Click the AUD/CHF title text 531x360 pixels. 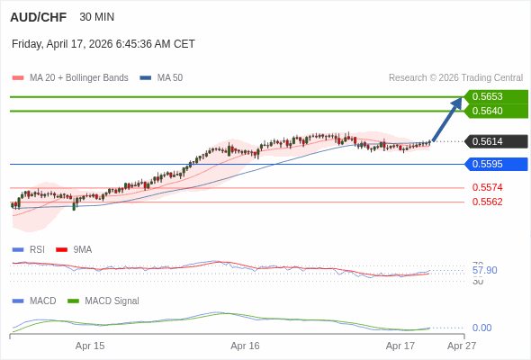pyautogui.click(x=39, y=17)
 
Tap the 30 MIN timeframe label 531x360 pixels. pyautogui.click(x=97, y=17)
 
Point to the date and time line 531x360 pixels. pyautogui.click(x=103, y=44)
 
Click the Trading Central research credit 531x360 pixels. pyautogui.click(x=455, y=78)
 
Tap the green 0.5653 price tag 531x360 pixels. pyautogui.click(x=495, y=96)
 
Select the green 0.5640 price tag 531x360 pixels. pyautogui.click(x=495, y=111)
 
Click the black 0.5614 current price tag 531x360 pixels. pyautogui.click(x=495, y=141)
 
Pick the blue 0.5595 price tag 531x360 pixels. pyautogui.click(x=495, y=164)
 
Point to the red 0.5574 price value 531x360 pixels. pyautogui.click(x=487, y=187)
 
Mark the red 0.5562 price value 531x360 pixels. pyautogui.click(x=487, y=202)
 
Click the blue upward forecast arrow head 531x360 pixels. pyautogui.click(x=457, y=102)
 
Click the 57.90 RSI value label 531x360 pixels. pyautogui.click(x=484, y=270)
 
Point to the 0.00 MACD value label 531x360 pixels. pyautogui.click(x=481, y=328)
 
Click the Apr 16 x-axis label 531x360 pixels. pyautogui.click(x=245, y=346)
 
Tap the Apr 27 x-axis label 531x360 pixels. pyautogui.click(x=462, y=346)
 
